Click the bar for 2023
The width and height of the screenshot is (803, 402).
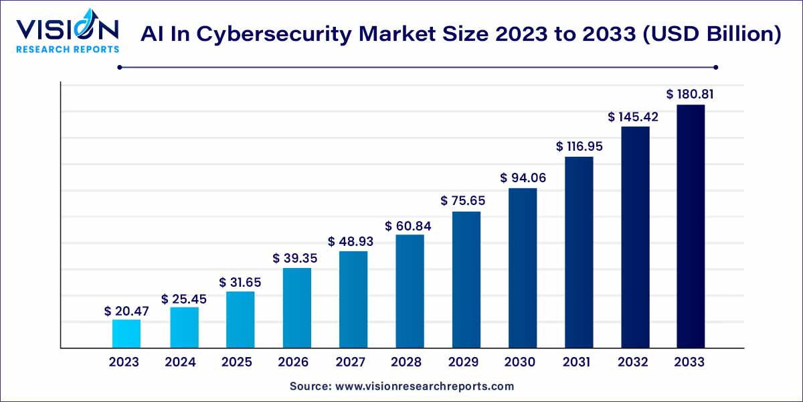tap(126, 334)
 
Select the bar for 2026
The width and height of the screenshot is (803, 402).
tap(296, 308)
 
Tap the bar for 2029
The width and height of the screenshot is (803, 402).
tap(466, 280)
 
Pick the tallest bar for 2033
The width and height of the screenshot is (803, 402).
tap(690, 226)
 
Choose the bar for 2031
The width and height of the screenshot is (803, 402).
tap(579, 253)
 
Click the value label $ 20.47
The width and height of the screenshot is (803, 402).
tap(126, 311)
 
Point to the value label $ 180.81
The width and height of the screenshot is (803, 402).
tap(690, 94)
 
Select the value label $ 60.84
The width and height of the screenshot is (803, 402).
tap(408, 226)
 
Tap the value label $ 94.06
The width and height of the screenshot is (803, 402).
tap(522, 178)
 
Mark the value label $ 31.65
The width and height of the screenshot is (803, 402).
tap(240, 283)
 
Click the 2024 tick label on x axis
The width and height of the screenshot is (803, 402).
tap(180, 362)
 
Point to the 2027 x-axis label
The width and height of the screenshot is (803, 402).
tap(350, 362)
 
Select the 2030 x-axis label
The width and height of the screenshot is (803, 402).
tap(520, 362)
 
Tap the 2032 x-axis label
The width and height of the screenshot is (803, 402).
tap(633, 362)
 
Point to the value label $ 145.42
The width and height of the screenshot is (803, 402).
tap(633, 117)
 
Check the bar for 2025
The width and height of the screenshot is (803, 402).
tap(240, 320)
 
